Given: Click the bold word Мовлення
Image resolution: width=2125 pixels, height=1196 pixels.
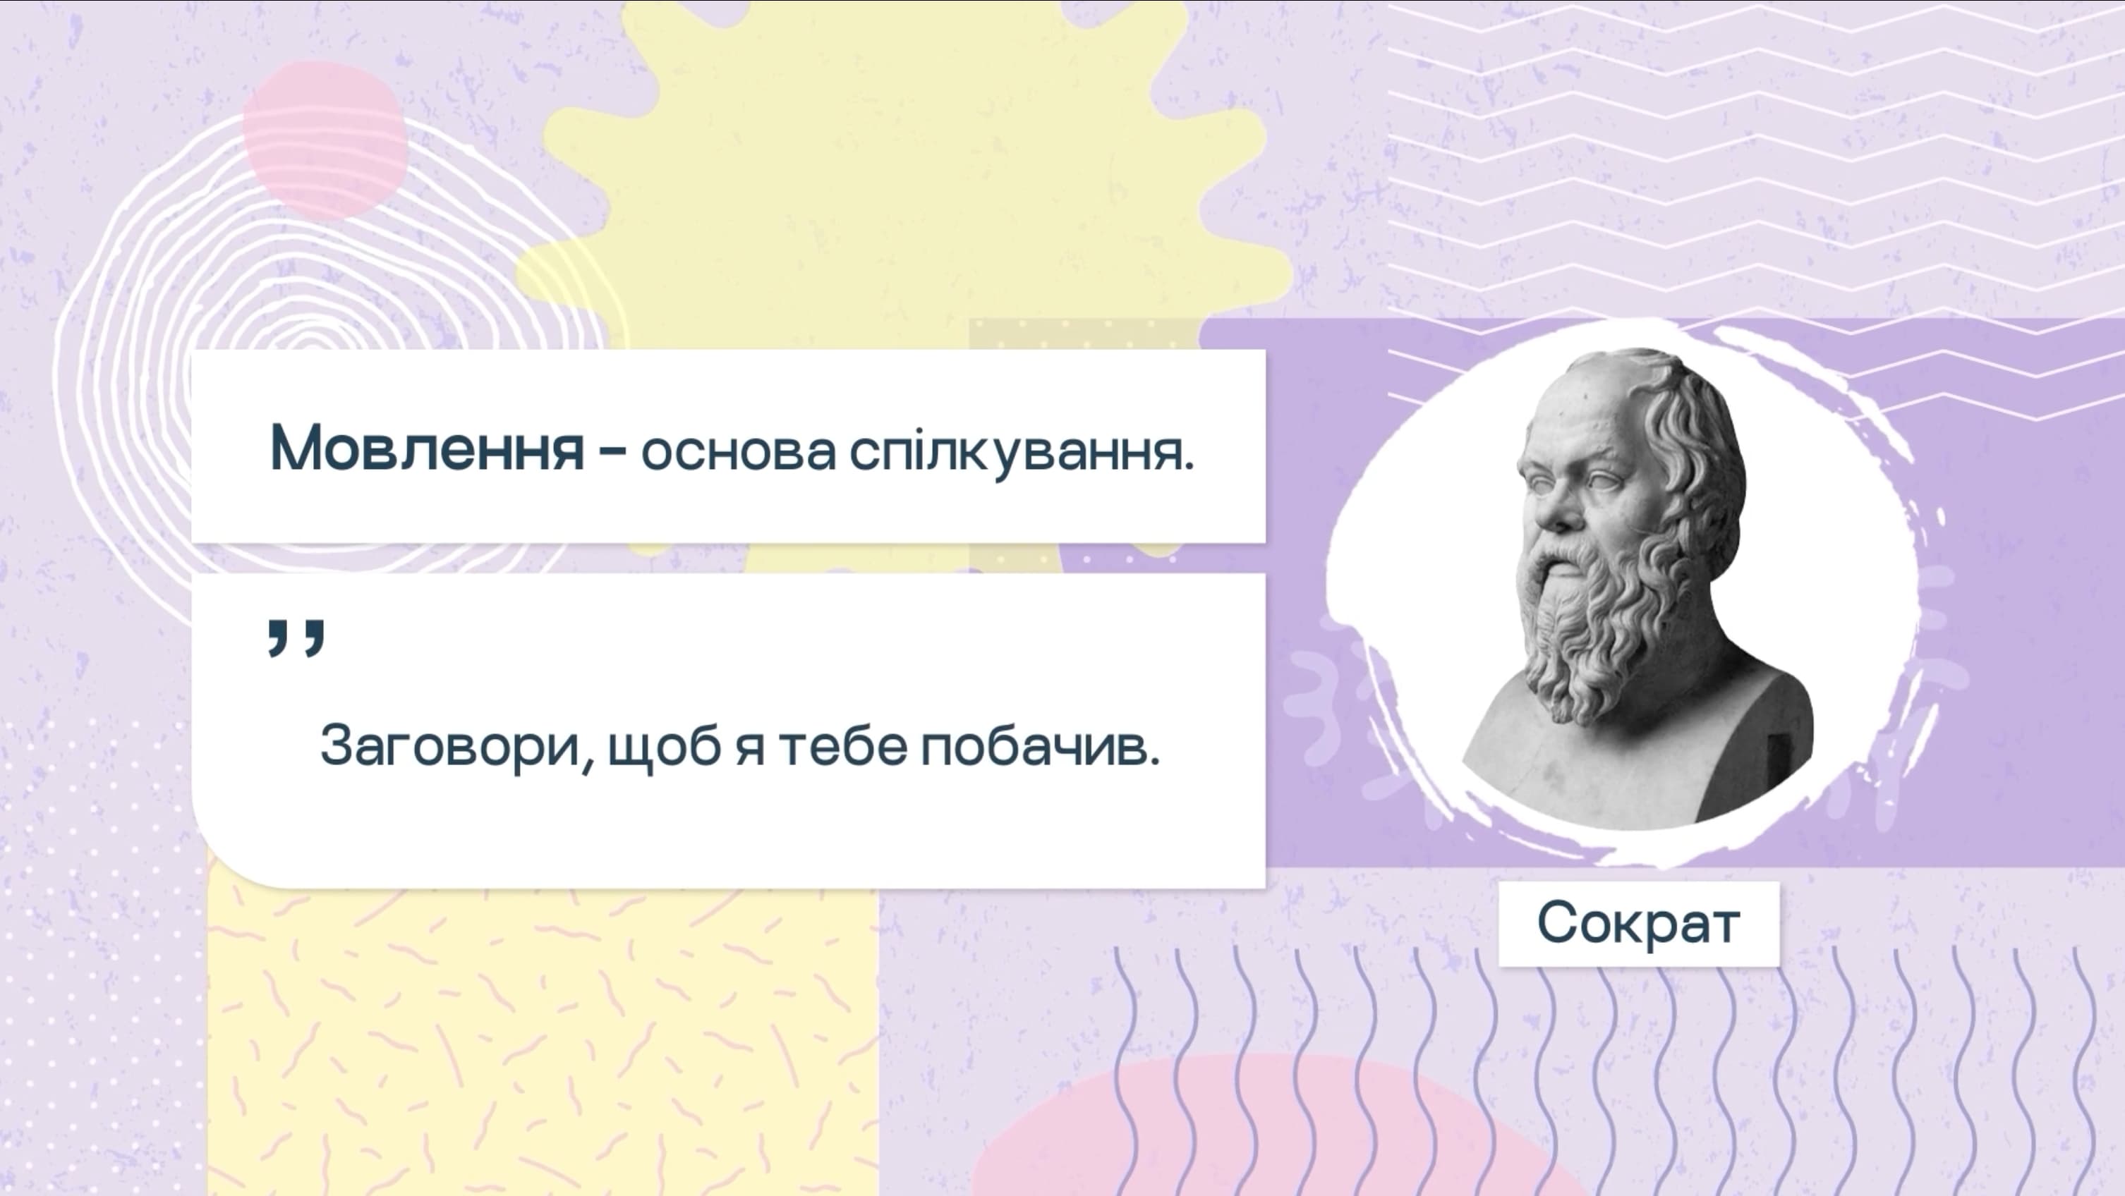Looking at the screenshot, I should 427,448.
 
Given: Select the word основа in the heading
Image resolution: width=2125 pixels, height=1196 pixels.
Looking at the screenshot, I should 738,453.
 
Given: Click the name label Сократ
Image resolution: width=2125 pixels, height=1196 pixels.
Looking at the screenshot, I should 1638,923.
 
